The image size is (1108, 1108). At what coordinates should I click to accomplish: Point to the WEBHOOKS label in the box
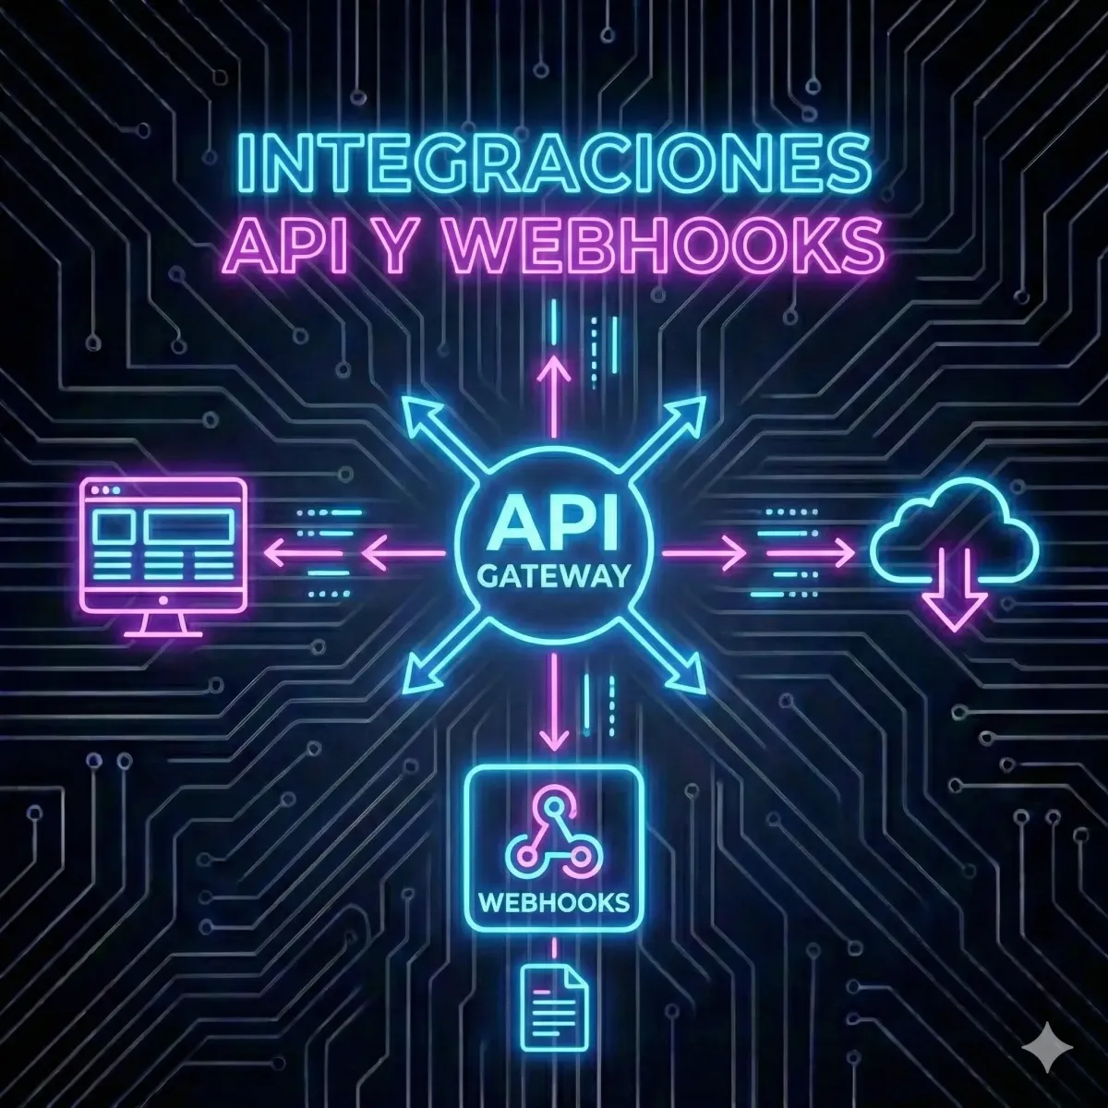click(x=553, y=901)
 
